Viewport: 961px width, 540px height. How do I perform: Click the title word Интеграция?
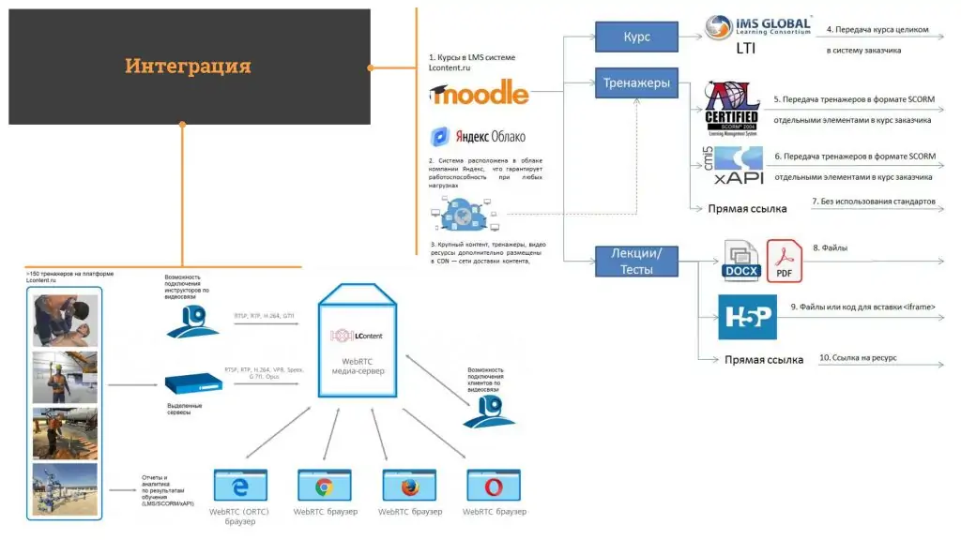pyautogui.click(x=188, y=67)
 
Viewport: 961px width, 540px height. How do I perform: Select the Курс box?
pyautogui.click(x=636, y=37)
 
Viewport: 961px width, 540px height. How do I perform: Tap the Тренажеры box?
pyautogui.click(x=636, y=83)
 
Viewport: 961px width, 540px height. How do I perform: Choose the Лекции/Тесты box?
pyautogui.click(x=636, y=262)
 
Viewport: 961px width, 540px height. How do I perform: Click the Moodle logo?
pyautogui.click(x=479, y=92)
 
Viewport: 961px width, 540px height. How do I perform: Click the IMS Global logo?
pyautogui.click(x=758, y=27)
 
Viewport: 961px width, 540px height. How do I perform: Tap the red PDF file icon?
pyautogui.click(x=786, y=260)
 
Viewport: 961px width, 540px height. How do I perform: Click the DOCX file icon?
pyautogui.click(x=741, y=262)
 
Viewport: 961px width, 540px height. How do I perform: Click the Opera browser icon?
pyautogui.click(x=494, y=486)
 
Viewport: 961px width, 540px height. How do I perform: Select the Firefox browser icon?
pyautogui.click(x=409, y=486)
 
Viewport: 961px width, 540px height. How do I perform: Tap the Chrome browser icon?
pyautogui.click(x=325, y=486)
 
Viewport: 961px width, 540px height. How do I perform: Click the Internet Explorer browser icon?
pyautogui.click(x=240, y=486)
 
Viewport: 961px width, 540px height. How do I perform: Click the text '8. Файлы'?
pyautogui.click(x=830, y=248)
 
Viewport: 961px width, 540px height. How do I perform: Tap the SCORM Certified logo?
pyautogui.click(x=731, y=110)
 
